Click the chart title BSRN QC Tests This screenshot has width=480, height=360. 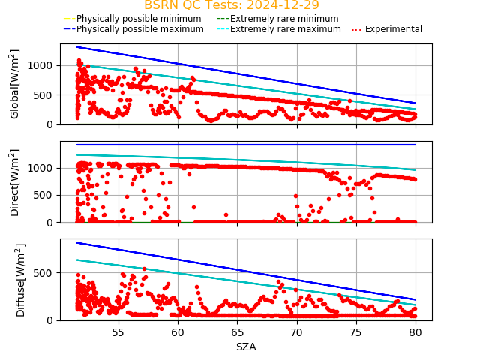(231, 5)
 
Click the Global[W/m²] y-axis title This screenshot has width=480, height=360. (15, 84)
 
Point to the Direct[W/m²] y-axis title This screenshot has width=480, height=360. (15, 182)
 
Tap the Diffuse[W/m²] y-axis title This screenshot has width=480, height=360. (15, 280)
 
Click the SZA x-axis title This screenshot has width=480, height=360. (246, 346)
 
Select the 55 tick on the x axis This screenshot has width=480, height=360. (118, 332)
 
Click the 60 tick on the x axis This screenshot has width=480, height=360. (178, 332)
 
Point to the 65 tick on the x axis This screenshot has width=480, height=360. (237, 332)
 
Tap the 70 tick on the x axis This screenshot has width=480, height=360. (297, 332)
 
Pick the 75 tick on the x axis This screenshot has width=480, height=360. (356, 332)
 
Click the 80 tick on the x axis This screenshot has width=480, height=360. (415, 332)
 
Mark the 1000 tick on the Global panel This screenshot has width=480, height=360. (43, 65)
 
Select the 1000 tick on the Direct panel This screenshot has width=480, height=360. (43, 168)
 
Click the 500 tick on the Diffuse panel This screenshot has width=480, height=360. (46, 272)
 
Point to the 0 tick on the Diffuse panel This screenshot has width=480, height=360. (51, 320)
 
